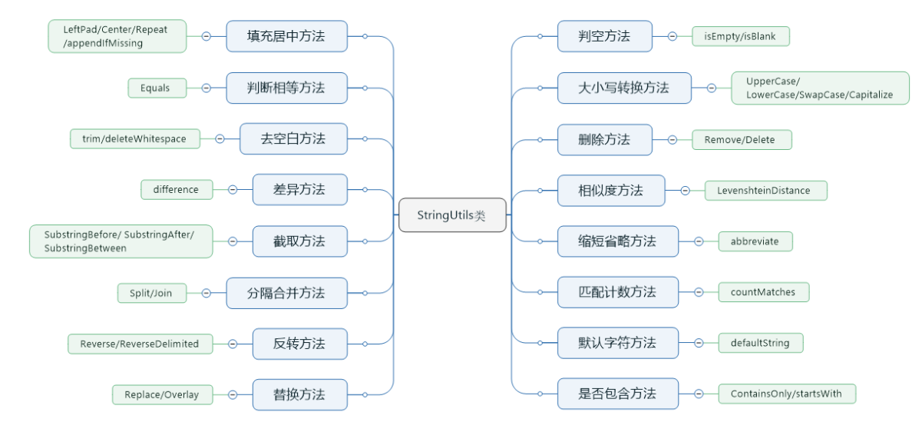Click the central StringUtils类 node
(452, 215)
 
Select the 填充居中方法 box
(286, 36)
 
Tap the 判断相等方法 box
(286, 88)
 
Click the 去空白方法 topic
(293, 138)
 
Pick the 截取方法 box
(299, 241)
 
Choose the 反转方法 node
(299, 343)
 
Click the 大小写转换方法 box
(624, 88)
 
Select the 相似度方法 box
(611, 190)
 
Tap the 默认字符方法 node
(618, 343)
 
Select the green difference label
(177, 190)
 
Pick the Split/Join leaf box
(152, 293)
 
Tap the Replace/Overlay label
(162, 394)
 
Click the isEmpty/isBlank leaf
(740, 36)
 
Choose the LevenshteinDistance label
(765, 190)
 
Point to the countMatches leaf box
(763, 292)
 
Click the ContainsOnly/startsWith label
(787, 394)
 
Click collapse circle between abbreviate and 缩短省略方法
(699, 241)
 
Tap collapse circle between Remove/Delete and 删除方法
(672, 140)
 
